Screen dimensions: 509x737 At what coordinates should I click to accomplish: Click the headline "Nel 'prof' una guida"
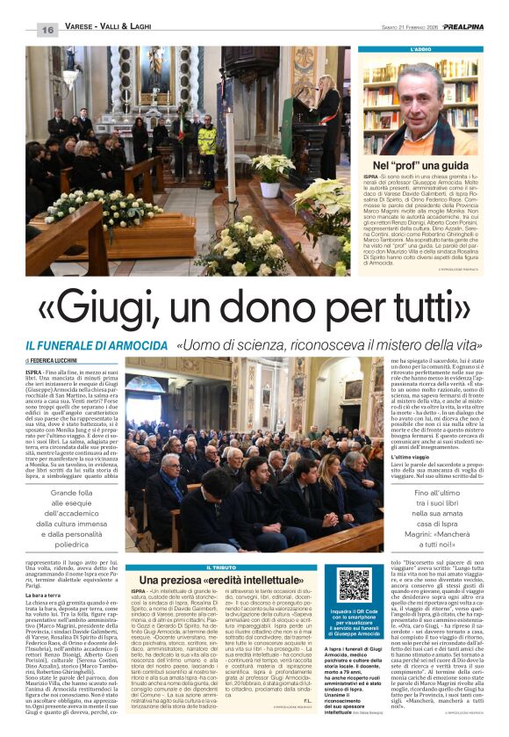tap(420, 165)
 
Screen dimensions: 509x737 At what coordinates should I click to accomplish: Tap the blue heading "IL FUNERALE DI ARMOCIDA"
tap(96, 347)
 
